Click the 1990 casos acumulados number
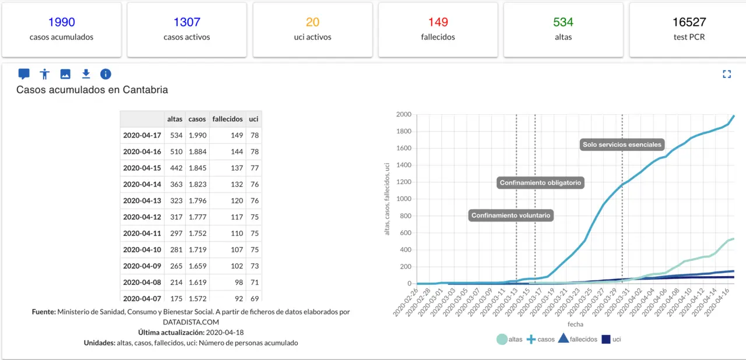(61, 22)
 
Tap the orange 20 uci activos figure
(312, 22)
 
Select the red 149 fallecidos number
(438, 22)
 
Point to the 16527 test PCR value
(689, 22)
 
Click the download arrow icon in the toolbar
(86, 74)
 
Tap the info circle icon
(105, 74)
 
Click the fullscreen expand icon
(726, 74)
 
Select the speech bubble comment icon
(24, 74)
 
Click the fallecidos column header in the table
(227, 119)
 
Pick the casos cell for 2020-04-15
(197, 168)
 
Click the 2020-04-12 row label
(142, 217)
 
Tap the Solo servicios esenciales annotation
(622, 144)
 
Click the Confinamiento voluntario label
(511, 216)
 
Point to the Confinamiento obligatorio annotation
(540, 183)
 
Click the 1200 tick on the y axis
(404, 182)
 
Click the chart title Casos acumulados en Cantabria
(92, 90)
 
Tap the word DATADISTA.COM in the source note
(191, 321)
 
